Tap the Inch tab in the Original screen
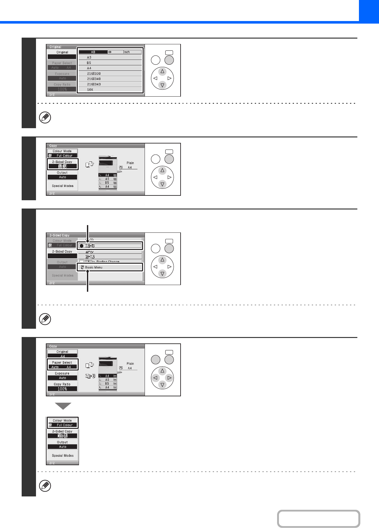126,52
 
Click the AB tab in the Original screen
93,52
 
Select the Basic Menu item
110,267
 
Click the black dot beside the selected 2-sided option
82,246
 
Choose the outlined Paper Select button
62,365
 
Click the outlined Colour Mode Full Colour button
62,423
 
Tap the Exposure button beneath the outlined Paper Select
62,376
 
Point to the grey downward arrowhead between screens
63,406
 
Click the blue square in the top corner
369,11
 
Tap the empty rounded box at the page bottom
318,519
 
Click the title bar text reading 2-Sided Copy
60,235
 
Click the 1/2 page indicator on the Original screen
52,95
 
